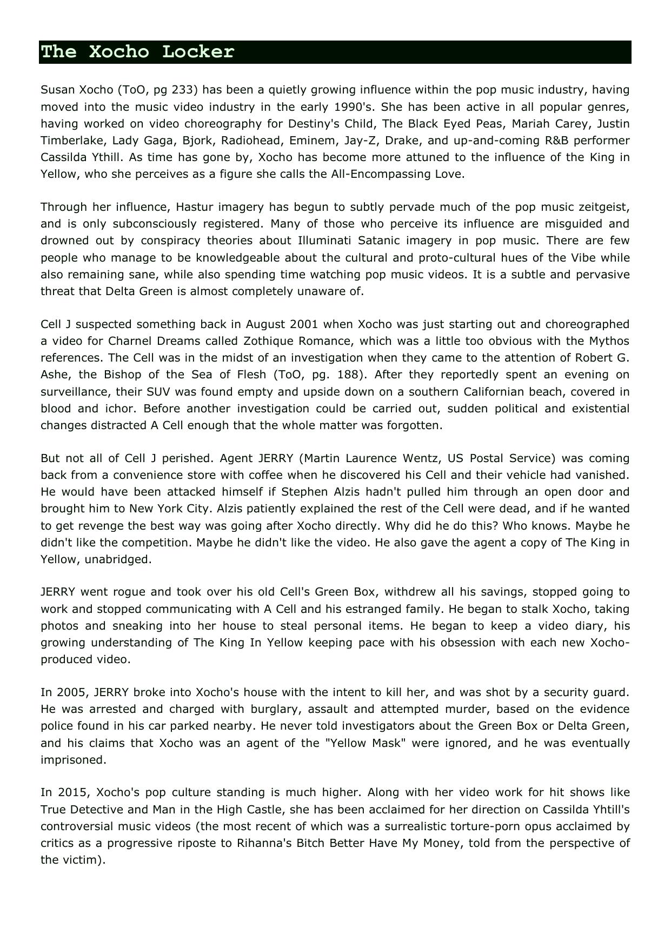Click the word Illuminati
[325, 241]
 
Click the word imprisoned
[73, 760]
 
